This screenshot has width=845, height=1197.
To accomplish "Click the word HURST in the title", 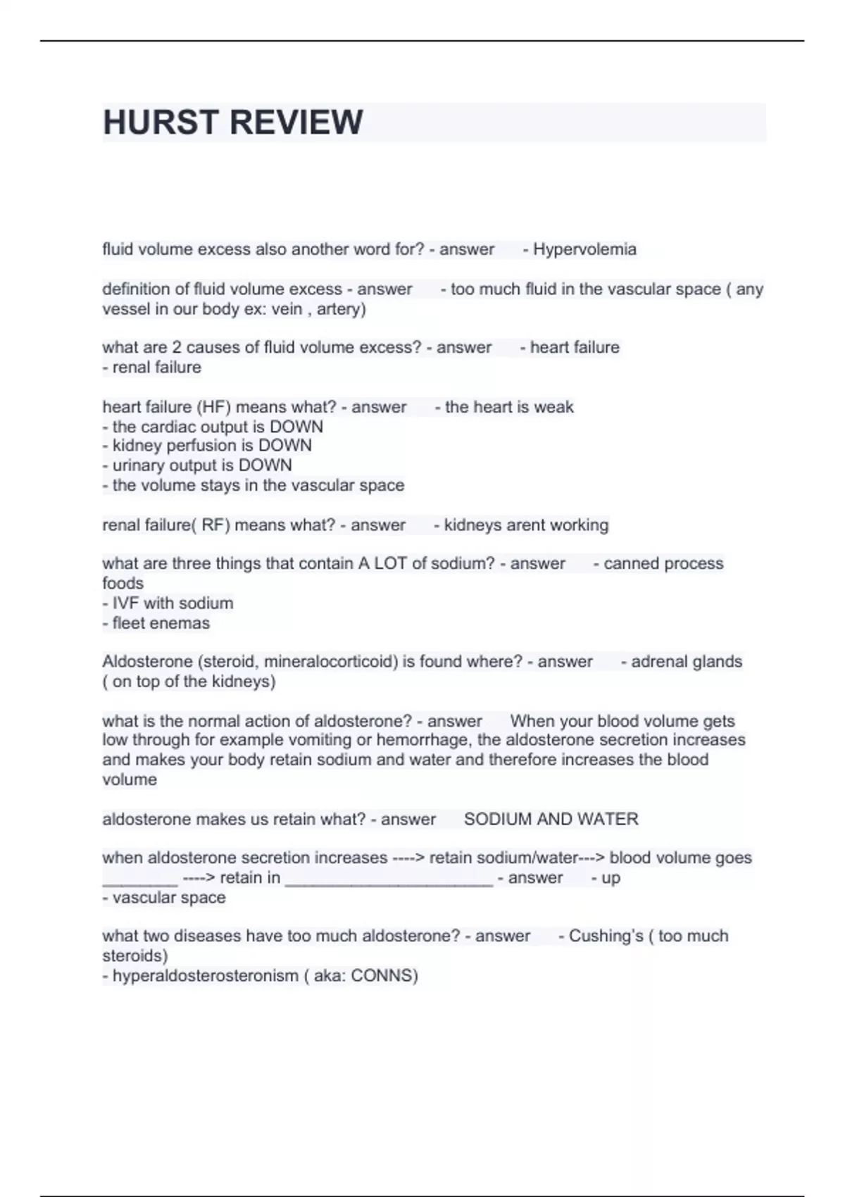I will [x=161, y=123].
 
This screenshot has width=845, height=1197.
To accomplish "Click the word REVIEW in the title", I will [x=296, y=123].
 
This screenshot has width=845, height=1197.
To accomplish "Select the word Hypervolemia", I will [x=584, y=249].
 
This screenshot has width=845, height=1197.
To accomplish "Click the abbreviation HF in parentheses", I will [x=213, y=407].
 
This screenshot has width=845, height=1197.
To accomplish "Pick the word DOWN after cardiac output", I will [x=296, y=427].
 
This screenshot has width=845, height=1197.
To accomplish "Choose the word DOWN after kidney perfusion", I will [x=284, y=446].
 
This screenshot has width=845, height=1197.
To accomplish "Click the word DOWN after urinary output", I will [x=265, y=465].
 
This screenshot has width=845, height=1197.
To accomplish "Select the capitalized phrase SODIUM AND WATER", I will [x=551, y=820].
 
